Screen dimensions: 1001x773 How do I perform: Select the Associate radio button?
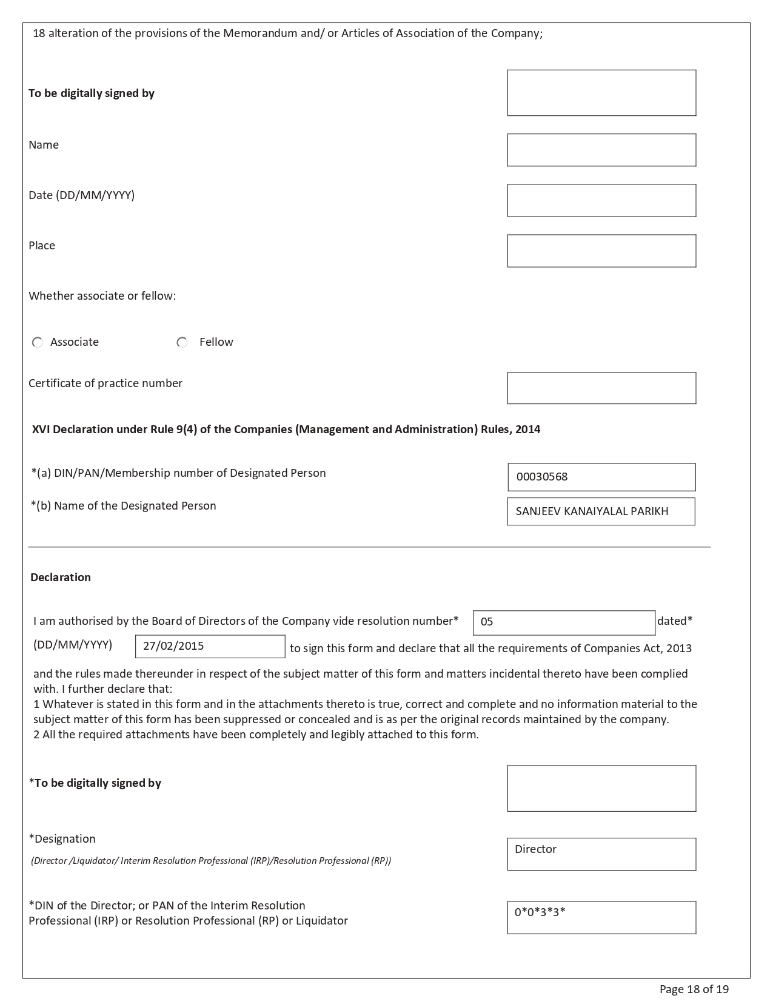click(x=38, y=343)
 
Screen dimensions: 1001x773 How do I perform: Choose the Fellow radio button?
click(x=182, y=343)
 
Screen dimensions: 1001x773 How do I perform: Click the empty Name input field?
click(x=601, y=150)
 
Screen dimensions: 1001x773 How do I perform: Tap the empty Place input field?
click(x=601, y=251)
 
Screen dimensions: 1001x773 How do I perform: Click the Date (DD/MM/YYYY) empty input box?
click(x=601, y=200)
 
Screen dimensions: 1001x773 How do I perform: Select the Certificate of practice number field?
click(x=601, y=388)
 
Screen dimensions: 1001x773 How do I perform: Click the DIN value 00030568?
click(x=542, y=477)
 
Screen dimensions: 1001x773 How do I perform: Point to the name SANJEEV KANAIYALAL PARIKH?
click(x=592, y=511)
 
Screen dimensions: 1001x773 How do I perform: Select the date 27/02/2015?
click(x=173, y=646)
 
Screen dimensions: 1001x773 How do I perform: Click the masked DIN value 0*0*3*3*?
click(x=540, y=912)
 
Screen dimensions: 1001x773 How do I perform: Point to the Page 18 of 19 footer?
click(x=694, y=989)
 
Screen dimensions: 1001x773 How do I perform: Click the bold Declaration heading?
click(x=61, y=578)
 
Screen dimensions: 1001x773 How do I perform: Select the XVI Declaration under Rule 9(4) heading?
click(x=286, y=430)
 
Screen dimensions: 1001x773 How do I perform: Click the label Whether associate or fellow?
click(x=102, y=296)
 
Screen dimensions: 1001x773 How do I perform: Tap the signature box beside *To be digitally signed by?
click(x=601, y=788)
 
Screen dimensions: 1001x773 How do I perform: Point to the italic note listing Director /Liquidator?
click(x=210, y=861)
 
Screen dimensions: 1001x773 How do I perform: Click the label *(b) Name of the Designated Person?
click(x=124, y=506)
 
